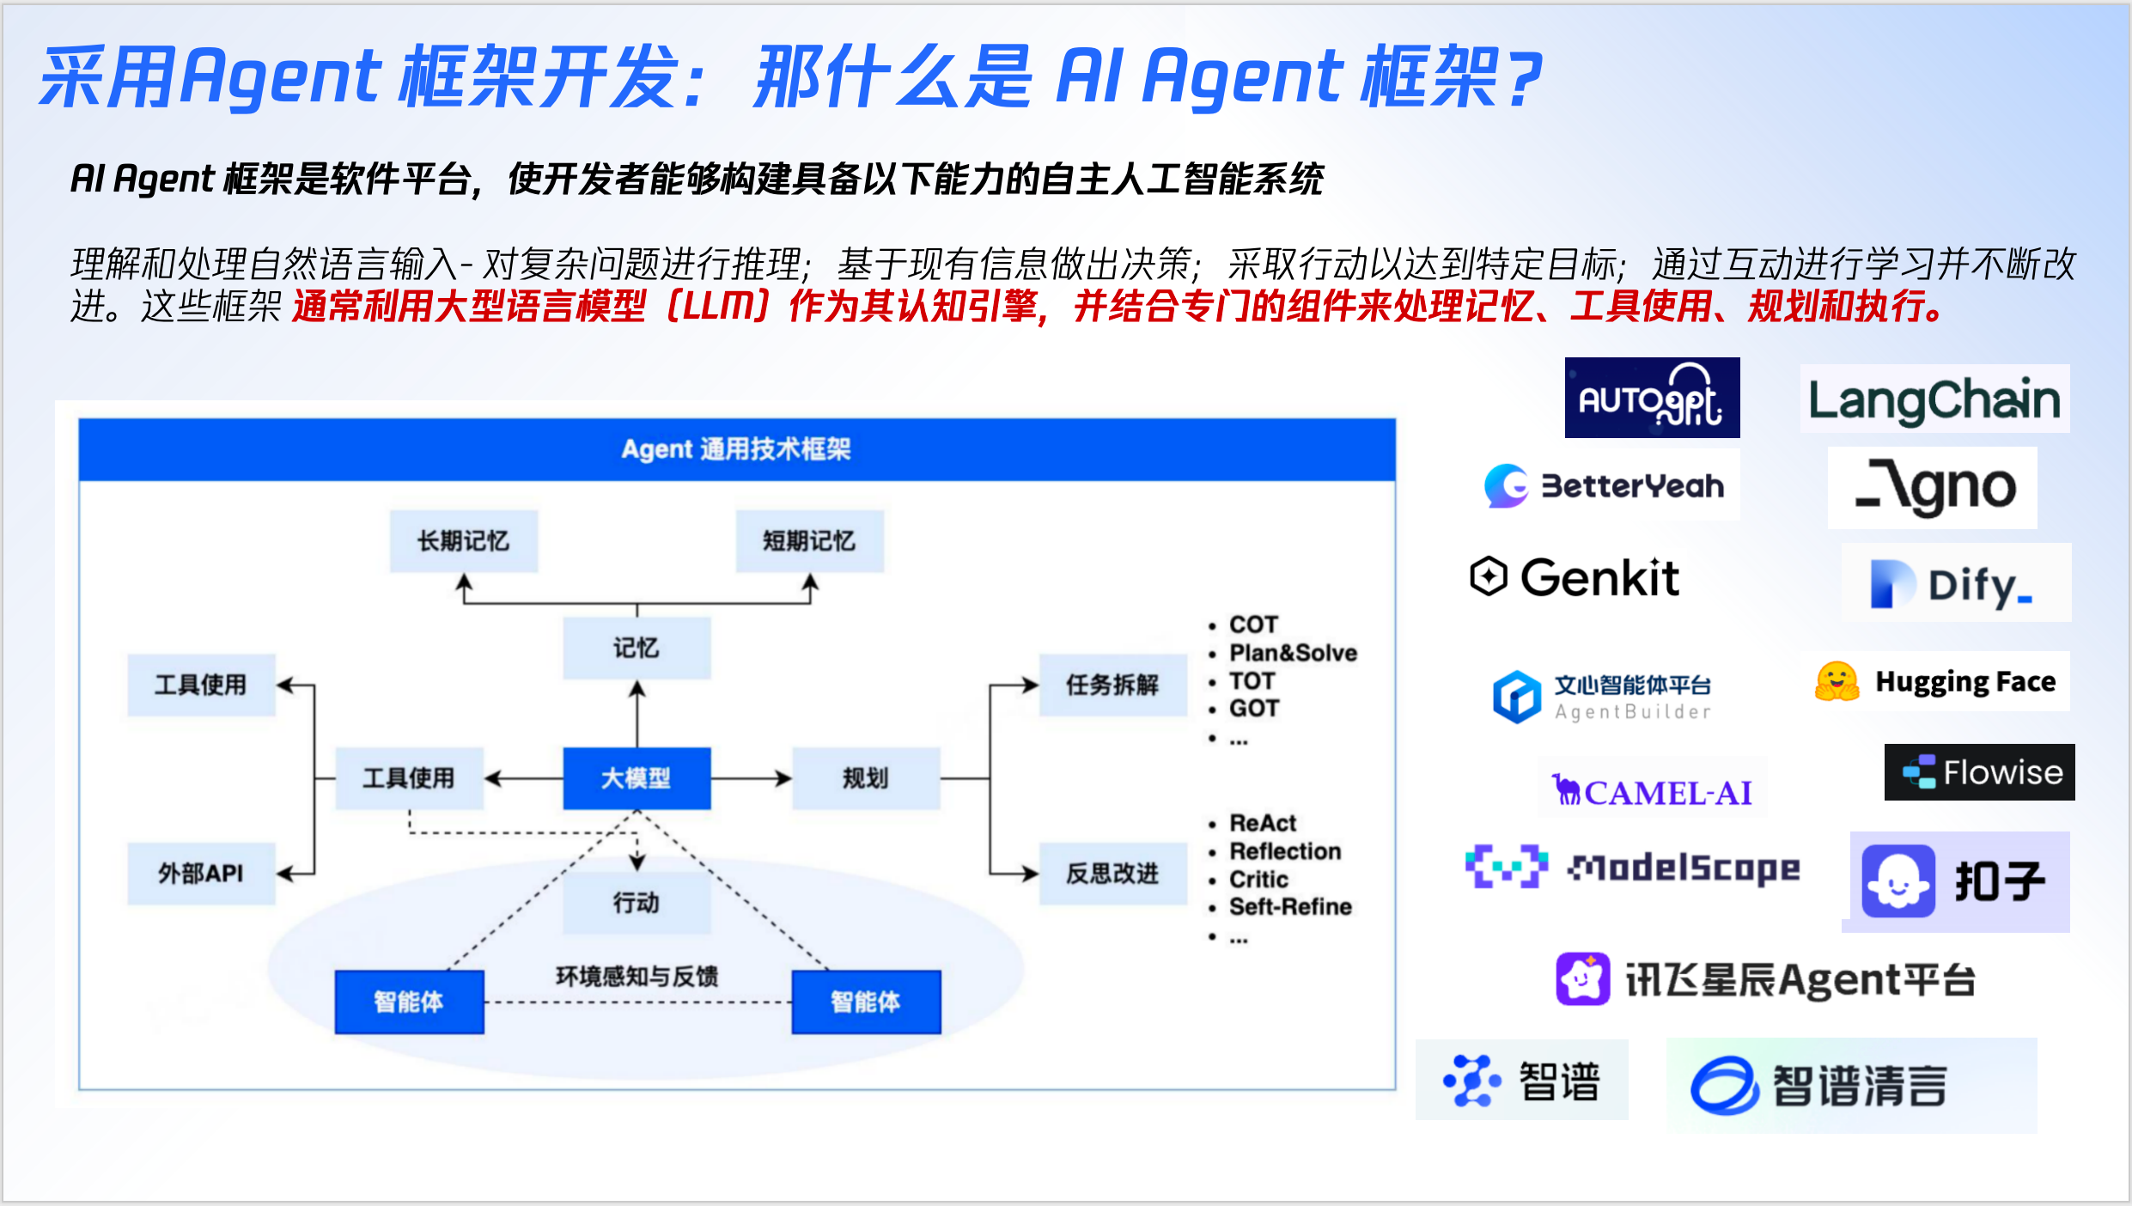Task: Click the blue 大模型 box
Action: pos(637,778)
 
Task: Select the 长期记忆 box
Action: pos(464,541)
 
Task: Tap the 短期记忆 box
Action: pos(809,541)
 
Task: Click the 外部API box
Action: pos(201,874)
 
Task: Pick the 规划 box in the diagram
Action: pos(865,778)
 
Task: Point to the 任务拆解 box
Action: pos(1112,685)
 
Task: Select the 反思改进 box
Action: pos(1112,874)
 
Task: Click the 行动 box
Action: pos(637,903)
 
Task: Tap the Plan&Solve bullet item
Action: pos(1293,653)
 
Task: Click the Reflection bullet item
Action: pos(1285,851)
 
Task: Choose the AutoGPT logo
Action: pos(1652,399)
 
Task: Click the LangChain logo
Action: pos(1934,399)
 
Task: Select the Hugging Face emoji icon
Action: pos(1837,682)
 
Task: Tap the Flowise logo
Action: pos(1980,772)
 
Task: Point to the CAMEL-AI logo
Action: pos(1652,791)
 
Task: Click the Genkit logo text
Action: pos(1599,577)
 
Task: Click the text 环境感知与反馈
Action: pos(637,977)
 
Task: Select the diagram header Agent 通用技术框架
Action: pos(736,449)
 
